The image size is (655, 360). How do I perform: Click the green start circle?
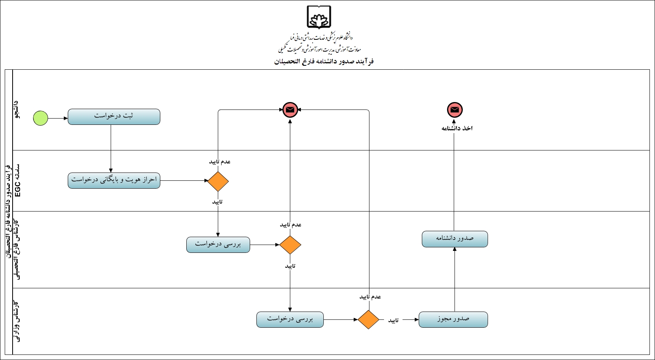[41, 118]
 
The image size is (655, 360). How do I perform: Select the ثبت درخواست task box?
[114, 117]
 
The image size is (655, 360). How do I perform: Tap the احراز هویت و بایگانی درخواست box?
[114, 180]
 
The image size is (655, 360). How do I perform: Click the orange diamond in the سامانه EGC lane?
[218, 182]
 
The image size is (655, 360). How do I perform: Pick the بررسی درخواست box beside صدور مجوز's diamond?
[290, 319]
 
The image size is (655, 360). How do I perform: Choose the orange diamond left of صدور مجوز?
[368, 319]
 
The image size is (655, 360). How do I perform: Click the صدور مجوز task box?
[453, 319]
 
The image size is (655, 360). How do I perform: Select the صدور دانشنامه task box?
[455, 239]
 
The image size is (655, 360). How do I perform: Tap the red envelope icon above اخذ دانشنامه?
[455, 110]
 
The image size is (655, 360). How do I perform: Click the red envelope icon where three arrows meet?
[290, 110]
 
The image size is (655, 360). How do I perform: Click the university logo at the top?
[319, 18]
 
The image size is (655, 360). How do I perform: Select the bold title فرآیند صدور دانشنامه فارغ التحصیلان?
[324, 61]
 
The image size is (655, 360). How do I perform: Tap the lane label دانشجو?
[16, 109]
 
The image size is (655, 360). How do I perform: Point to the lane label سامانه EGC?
[17, 181]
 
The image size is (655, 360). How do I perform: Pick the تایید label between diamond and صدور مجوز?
[393, 320]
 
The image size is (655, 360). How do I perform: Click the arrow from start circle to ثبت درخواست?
[58, 118]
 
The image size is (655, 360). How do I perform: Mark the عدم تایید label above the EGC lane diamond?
[220, 161]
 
